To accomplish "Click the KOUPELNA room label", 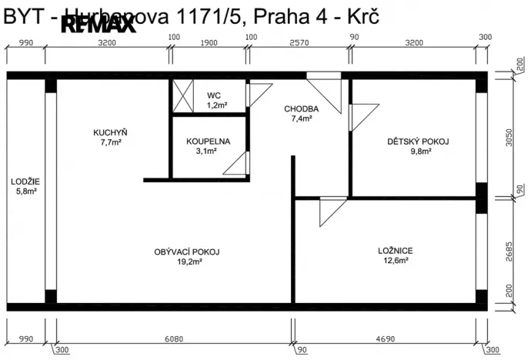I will (208, 142).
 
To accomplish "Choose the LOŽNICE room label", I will (396, 250).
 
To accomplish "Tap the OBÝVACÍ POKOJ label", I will (188, 252).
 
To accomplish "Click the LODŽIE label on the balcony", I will (25, 182).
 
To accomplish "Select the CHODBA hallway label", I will (301, 108).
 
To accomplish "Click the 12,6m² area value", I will (396, 260).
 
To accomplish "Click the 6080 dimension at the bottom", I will (173, 338).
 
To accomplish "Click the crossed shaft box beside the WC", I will (183, 97).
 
